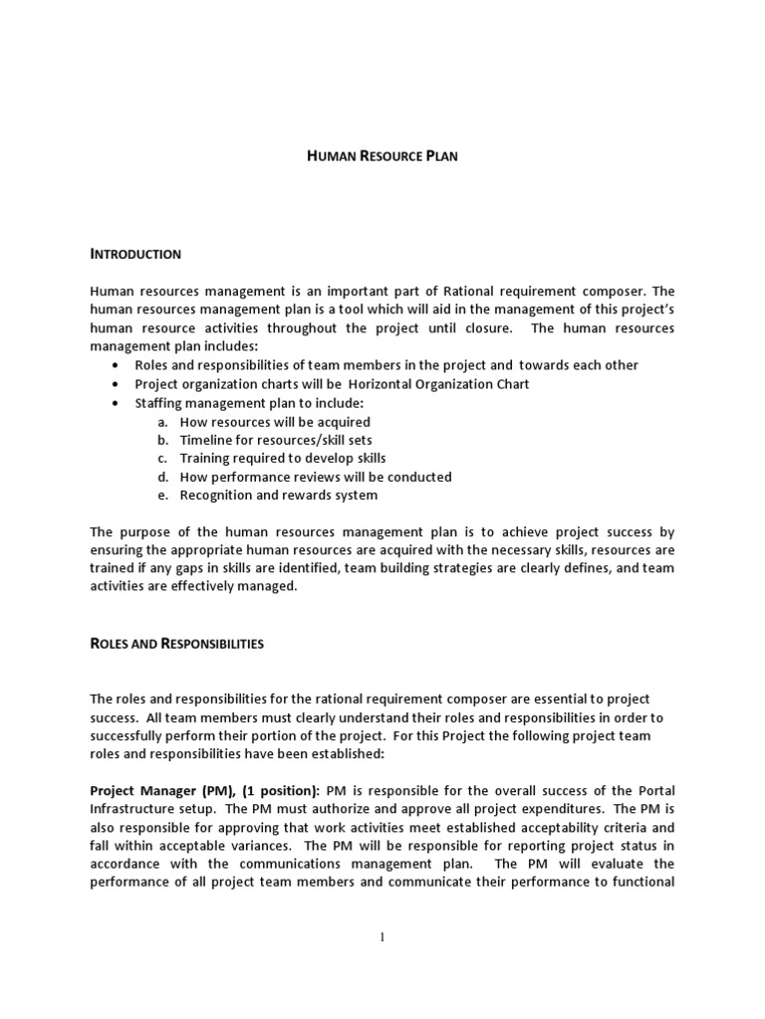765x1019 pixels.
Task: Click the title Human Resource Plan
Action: pyautogui.click(x=381, y=156)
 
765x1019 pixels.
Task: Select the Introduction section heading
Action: pyautogui.click(x=135, y=254)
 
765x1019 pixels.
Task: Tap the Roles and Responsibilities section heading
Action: pyautogui.click(x=176, y=644)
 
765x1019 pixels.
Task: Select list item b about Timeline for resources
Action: pyautogui.click(x=276, y=440)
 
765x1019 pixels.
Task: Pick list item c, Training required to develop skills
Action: pyautogui.click(x=283, y=459)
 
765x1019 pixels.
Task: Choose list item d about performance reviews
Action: pyautogui.click(x=316, y=477)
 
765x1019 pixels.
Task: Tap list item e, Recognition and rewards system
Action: pyautogui.click(x=279, y=495)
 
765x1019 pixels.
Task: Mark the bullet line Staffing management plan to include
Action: pyautogui.click(x=250, y=403)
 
